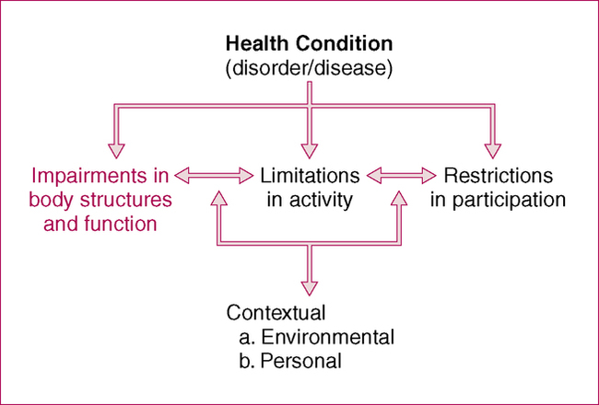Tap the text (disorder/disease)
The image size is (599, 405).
(x=309, y=66)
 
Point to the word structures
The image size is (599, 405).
(x=124, y=198)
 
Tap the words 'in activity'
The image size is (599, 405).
(x=309, y=198)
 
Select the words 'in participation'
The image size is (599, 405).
(x=498, y=198)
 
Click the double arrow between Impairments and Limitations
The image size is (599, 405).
(x=214, y=173)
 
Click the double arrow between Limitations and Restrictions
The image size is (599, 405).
(x=403, y=173)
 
